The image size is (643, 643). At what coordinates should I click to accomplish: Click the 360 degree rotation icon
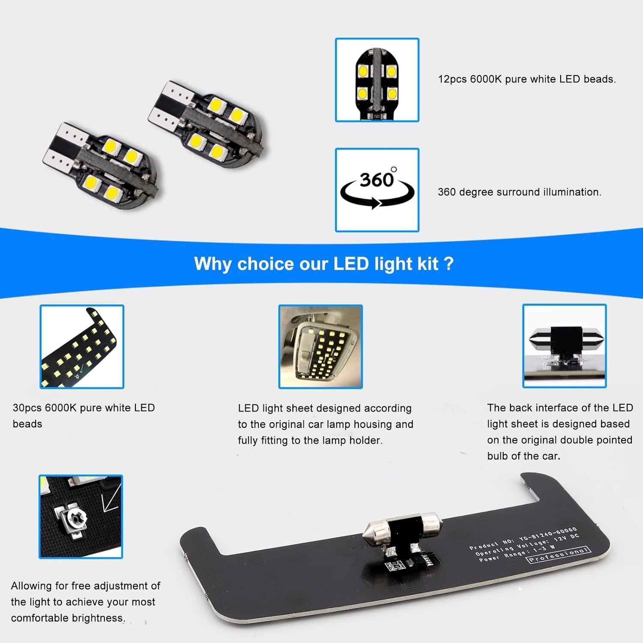point(377,190)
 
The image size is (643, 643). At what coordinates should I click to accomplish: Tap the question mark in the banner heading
point(449,264)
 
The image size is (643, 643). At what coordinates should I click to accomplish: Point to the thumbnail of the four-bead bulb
point(377,80)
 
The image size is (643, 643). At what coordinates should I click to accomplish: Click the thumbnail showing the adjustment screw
point(81,517)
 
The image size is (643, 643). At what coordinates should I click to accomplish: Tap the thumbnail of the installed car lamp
point(321,347)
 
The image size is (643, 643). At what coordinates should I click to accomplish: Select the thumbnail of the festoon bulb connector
point(564,346)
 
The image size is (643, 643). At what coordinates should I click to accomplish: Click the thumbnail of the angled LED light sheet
point(82,347)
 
